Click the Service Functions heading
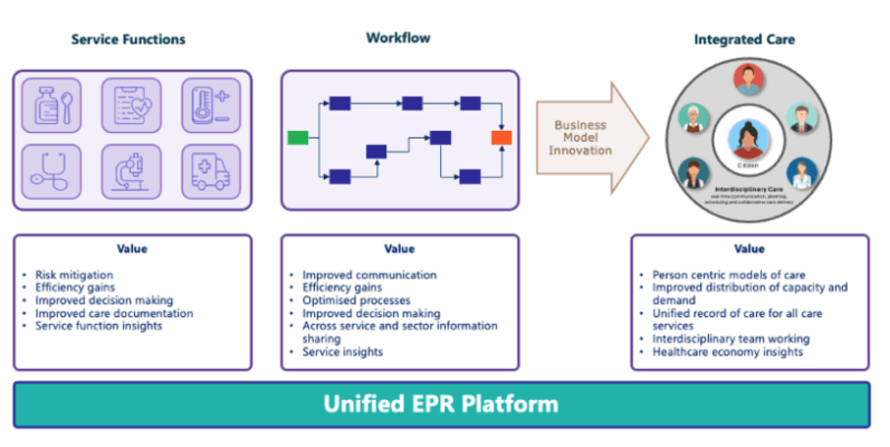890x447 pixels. click(128, 39)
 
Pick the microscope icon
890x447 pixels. click(130, 170)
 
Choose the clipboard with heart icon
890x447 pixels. click(130, 103)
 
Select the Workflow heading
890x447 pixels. click(398, 37)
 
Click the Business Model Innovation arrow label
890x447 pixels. click(581, 138)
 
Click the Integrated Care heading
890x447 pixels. click(744, 39)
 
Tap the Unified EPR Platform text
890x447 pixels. click(441, 404)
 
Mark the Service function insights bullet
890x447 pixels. click(99, 326)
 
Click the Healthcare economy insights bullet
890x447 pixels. click(728, 351)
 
